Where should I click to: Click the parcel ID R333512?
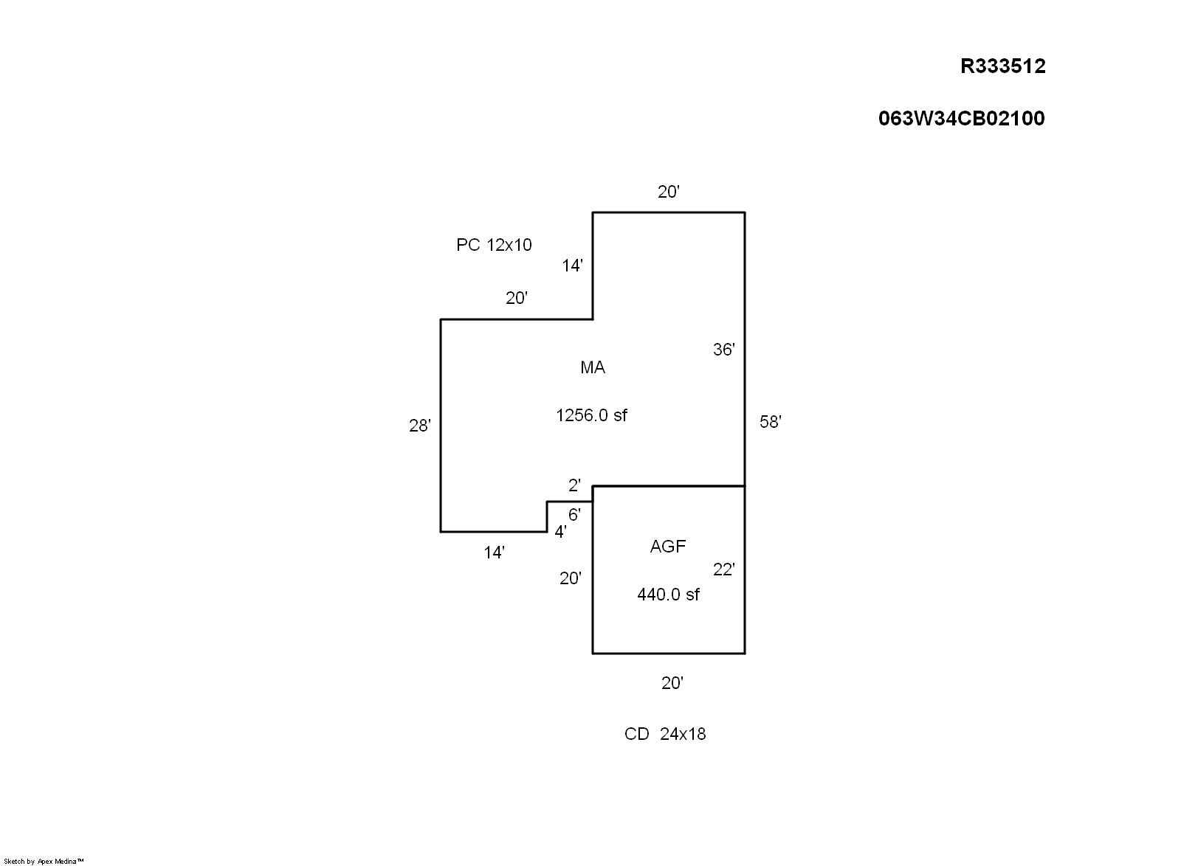pos(1002,66)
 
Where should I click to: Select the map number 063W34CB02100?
pos(961,119)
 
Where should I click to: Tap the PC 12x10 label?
pos(494,245)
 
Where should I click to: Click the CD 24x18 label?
pos(665,734)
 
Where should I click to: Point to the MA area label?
pos(593,367)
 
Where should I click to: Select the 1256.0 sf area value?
pos(591,415)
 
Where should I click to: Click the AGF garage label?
pos(667,547)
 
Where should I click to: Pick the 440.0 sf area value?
pos(668,595)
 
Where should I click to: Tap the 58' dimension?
pos(771,421)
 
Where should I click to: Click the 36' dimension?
pos(724,349)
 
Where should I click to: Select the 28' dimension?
pos(420,425)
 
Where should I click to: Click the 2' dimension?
pos(574,485)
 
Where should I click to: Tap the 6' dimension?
pos(574,514)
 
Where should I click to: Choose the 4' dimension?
pos(560,532)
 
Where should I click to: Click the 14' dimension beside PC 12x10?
pos(572,266)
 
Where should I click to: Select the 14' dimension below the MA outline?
pos(494,552)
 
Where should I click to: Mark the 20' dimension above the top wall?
pos(669,192)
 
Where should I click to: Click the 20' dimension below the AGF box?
pos(672,682)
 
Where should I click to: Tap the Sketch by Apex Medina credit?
pos(44,862)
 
